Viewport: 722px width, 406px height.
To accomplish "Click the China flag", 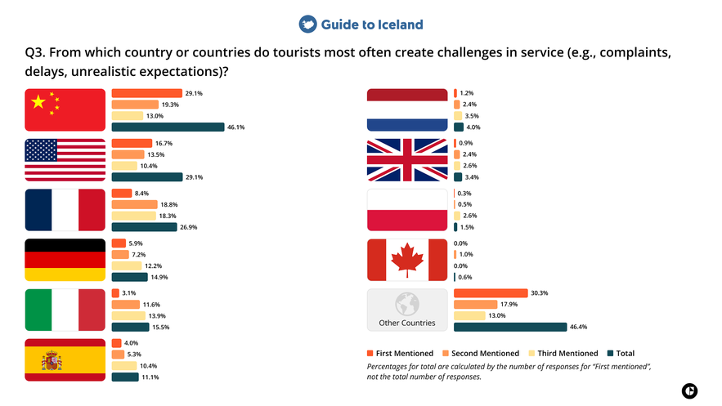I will [x=65, y=110].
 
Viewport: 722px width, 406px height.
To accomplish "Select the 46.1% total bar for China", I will [x=168, y=127].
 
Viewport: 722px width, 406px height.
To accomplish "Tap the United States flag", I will [x=65, y=160].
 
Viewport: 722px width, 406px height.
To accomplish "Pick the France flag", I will [x=65, y=210].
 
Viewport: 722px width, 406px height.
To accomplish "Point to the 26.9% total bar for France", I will [x=144, y=227].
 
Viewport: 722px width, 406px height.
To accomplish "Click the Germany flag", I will [x=65, y=260].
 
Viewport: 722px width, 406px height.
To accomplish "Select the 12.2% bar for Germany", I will [x=127, y=265].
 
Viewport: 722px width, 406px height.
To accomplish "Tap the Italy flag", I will [x=65, y=310].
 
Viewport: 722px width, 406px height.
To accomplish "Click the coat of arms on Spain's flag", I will [x=52, y=360].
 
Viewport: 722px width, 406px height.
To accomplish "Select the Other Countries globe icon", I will [x=407, y=305].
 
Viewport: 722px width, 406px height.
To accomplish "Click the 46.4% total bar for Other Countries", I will [x=509, y=327].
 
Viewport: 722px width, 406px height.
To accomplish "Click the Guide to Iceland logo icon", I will [x=307, y=25].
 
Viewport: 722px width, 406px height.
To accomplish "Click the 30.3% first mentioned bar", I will [x=491, y=293].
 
